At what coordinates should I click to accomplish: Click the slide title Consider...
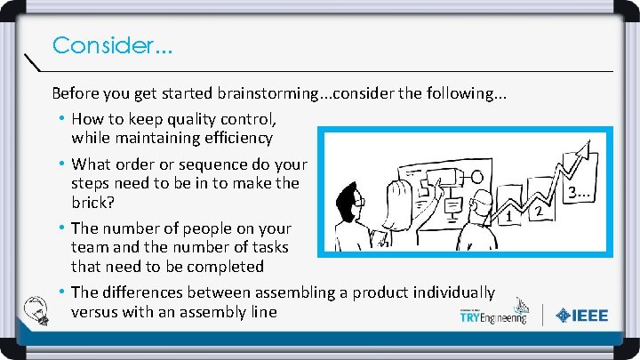(x=112, y=44)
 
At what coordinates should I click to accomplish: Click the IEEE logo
(x=582, y=315)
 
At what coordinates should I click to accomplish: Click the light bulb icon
(x=39, y=308)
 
